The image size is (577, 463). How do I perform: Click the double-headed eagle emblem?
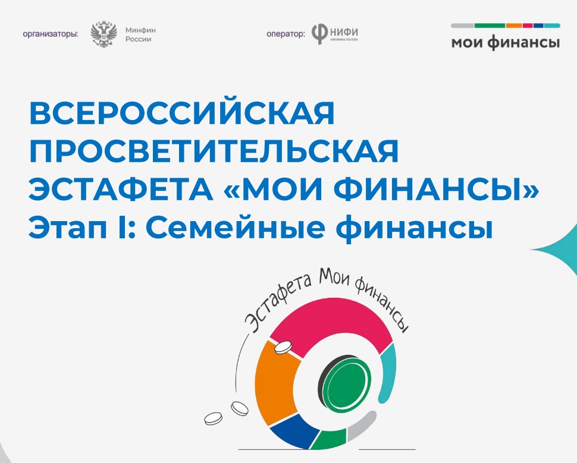click(104, 34)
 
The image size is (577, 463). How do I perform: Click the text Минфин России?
click(140, 34)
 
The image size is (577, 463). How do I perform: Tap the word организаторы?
click(51, 34)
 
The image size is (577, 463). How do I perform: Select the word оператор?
click(286, 34)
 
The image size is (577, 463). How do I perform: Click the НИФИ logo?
click(334, 34)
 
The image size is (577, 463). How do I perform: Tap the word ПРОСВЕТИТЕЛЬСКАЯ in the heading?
click(214, 151)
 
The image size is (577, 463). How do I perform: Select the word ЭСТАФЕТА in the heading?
click(121, 190)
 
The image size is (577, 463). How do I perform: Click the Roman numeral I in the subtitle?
click(122, 228)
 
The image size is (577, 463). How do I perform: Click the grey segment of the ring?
click(361, 426)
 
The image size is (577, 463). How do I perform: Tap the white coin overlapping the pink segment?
click(283, 347)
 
